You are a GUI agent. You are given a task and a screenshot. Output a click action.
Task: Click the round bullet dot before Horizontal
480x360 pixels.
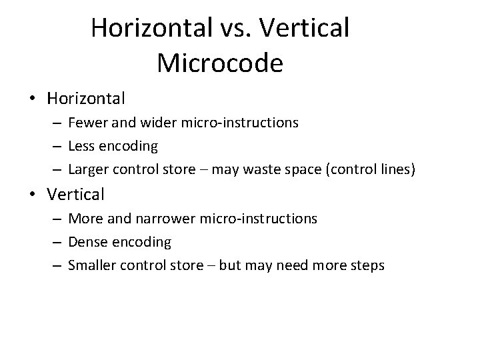(33, 99)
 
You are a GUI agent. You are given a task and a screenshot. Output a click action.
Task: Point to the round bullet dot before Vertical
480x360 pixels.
(33, 195)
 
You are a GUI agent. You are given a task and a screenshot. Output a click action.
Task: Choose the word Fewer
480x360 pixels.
(85, 123)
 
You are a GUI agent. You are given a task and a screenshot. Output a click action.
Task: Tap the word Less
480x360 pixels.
(81, 146)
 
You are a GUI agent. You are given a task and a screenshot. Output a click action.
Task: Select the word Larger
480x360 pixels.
(87, 170)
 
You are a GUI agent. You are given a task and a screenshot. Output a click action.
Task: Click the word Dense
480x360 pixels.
(85, 241)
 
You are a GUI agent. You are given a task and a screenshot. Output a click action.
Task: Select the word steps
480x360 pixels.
(368, 265)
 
